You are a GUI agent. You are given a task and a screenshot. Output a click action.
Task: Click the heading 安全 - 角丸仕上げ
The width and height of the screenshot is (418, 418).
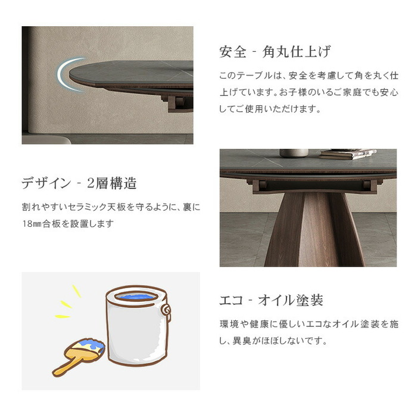[275, 51]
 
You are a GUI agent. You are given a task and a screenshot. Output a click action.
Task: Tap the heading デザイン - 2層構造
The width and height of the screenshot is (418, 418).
[79, 183]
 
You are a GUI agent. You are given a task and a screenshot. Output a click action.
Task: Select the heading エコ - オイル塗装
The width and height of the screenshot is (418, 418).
[271, 300]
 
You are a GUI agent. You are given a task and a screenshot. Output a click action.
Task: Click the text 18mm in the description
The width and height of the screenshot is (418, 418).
[32, 224]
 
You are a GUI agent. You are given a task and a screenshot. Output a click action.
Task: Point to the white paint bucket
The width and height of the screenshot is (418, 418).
[138, 326]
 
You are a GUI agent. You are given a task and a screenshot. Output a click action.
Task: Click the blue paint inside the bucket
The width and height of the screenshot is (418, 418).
[136, 296]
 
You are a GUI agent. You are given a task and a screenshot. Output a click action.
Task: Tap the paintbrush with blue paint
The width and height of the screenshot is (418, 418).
[79, 357]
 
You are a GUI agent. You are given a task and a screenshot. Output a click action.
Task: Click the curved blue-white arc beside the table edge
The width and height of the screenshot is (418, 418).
[67, 74]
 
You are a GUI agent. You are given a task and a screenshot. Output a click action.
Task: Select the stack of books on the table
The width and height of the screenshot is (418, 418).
[348, 154]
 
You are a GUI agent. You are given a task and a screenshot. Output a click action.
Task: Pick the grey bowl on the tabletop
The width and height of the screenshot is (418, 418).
[294, 153]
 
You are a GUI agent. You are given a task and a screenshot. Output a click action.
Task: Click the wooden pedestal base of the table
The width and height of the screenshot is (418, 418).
[314, 229]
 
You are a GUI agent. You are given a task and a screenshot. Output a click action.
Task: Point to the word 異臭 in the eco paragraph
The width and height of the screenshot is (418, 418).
[242, 341]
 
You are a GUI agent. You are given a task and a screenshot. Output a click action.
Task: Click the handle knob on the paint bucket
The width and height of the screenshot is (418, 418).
[167, 311]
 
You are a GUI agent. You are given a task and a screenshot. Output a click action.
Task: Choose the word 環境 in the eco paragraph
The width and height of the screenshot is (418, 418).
[229, 324]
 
